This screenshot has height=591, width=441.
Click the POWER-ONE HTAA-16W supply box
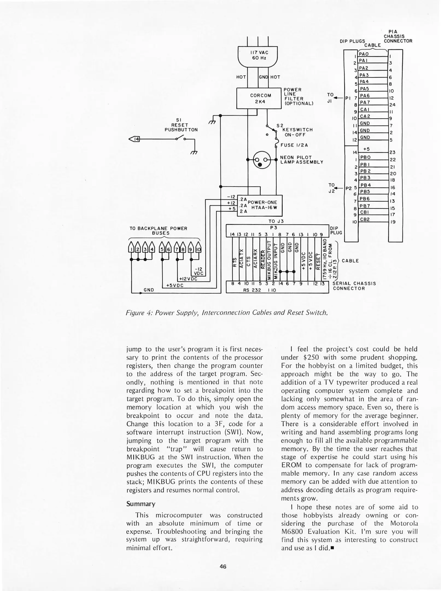tap(259, 205)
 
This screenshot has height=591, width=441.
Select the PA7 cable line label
tap(365, 102)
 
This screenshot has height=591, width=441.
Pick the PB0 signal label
tap(365, 157)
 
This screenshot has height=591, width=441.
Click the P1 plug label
tap(348, 98)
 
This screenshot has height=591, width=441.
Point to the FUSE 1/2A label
tap(294, 145)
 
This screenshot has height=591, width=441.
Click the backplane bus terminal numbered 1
tap(132, 249)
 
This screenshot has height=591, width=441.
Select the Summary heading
tap(141, 504)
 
